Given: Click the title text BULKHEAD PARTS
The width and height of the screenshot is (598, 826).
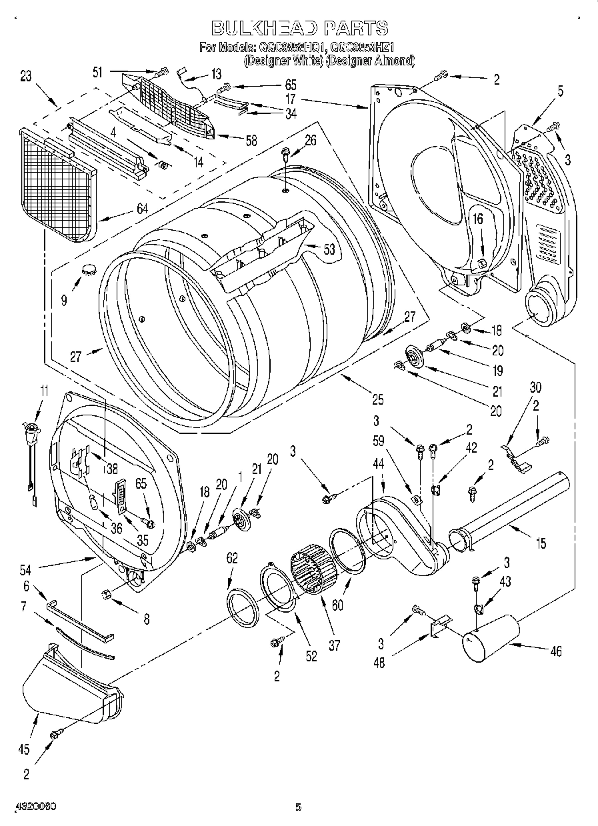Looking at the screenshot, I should click(x=299, y=28).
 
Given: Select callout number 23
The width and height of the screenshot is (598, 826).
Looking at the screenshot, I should click(x=25, y=76).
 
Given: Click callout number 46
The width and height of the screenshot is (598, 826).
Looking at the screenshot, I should click(x=555, y=652).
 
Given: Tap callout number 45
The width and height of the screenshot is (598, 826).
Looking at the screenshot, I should click(x=23, y=749).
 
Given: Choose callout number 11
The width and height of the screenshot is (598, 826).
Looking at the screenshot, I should click(x=43, y=391).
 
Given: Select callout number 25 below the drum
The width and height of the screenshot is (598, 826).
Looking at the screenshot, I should click(x=378, y=400).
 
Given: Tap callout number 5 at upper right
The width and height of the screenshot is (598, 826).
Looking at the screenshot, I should click(x=560, y=91).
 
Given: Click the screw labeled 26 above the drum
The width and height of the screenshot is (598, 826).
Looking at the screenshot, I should click(x=285, y=154).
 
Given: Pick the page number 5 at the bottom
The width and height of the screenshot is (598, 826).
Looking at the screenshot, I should click(x=299, y=807).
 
